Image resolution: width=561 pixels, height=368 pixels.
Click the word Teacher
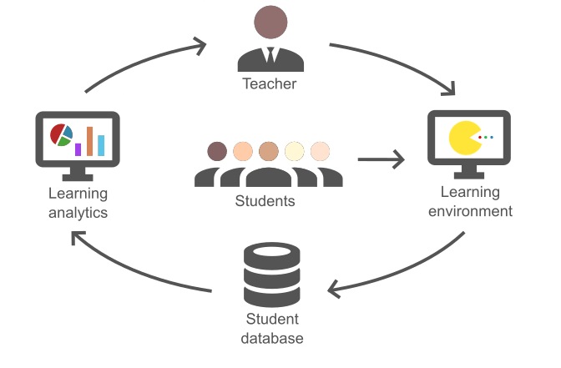pyautogui.click(x=270, y=83)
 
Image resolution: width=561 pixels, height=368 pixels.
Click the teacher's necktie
pyautogui.click(x=270, y=56)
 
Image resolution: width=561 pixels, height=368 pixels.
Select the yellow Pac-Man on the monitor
pyautogui.click(x=463, y=138)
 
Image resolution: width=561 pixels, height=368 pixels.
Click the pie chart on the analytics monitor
pyautogui.click(x=61, y=135)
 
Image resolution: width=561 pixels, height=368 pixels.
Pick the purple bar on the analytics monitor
pyautogui.click(x=78, y=149)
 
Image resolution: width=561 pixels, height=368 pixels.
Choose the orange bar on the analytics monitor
pyautogui.click(x=89, y=141)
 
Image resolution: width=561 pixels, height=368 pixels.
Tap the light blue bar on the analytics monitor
pyautogui.click(x=101, y=145)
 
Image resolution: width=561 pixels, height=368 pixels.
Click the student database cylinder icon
pyautogui.click(x=270, y=275)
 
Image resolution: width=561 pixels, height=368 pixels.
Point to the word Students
pyautogui.click(x=265, y=201)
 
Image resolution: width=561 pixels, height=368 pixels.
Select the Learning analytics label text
pyautogui.click(x=78, y=203)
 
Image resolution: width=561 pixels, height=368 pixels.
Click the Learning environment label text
pyautogui.click(x=470, y=201)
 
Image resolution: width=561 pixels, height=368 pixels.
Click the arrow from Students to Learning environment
pyautogui.click(x=380, y=159)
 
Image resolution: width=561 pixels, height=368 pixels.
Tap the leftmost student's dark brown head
pyautogui.click(x=217, y=152)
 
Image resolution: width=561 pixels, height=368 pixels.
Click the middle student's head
pyautogui.click(x=268, y=151)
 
